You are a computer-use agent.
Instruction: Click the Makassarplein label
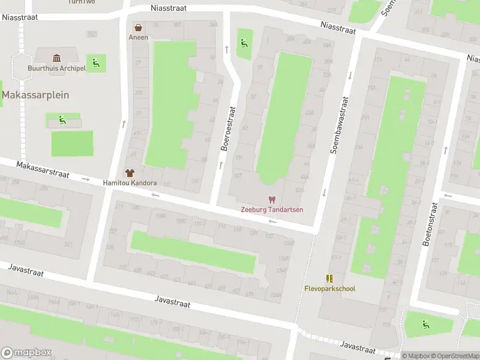(35, 95)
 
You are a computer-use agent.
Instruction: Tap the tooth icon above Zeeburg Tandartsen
(272, 200)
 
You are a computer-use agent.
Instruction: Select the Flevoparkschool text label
(329, 289)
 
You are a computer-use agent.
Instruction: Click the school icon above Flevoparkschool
(329, 278)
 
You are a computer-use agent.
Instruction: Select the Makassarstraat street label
(43, 169)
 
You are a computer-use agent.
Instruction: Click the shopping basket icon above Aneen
(139, 28)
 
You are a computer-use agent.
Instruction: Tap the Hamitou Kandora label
(130, 183)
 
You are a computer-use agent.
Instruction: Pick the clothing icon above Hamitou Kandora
(130, 173)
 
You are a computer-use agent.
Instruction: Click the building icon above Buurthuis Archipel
(57, 58)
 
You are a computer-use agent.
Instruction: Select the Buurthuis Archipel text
(57, 68)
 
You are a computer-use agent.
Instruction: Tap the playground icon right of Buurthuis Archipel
(95, 62)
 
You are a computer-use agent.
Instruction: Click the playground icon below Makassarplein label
(62, 120)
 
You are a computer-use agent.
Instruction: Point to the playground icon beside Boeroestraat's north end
(243, 43)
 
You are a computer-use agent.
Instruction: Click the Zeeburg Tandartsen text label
(272, 210)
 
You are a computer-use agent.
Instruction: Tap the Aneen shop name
(138, 37)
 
